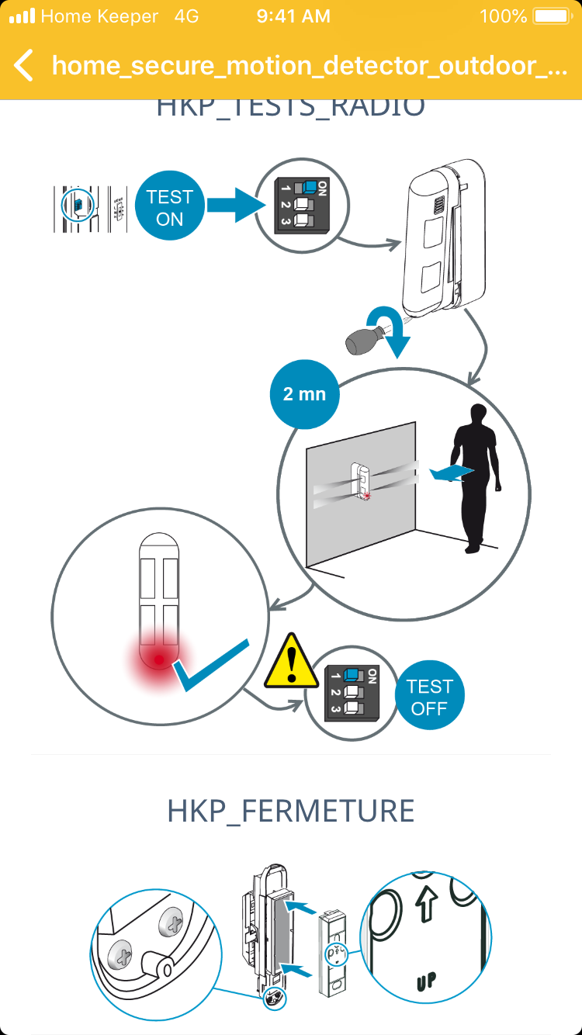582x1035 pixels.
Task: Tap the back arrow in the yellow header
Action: [x=24, y=65]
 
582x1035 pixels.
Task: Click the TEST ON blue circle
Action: [x=169, y=207]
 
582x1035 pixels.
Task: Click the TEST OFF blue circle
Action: [x=429, y=697]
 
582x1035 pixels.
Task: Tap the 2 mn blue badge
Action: [x=304, y=393]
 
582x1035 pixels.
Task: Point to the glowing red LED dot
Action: [x=159, y=660]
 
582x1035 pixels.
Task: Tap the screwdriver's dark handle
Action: [x=360, y=339]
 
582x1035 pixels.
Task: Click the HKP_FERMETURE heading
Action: [x=291, y=811]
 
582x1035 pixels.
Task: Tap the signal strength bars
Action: [x=22, y=16]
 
